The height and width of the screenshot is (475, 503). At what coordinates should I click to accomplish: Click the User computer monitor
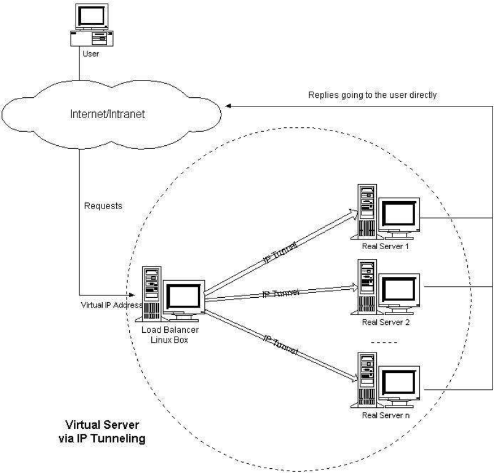pos(92,17)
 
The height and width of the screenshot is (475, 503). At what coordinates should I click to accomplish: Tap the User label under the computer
pos(91,54)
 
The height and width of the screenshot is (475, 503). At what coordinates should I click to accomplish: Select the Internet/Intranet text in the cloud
pos(108,114)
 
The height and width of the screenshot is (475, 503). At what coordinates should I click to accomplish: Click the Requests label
pos(103,206)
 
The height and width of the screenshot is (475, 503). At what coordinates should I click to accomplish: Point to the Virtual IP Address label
pos(112,305)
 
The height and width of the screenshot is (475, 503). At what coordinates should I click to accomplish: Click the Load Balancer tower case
pos(151,294)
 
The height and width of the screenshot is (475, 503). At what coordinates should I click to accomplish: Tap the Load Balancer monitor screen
pos(184,297)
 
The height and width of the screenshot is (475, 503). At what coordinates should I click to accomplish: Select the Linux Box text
pos(169,340)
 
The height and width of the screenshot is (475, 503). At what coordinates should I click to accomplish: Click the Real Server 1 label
pos(386,247)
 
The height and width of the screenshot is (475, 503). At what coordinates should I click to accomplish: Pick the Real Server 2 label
pos(386,322)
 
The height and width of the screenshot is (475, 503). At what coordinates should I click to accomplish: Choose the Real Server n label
pos(386,415)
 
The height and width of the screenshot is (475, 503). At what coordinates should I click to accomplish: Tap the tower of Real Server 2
pos(367,287)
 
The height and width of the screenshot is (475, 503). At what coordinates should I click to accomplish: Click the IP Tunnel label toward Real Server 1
pos(280,253)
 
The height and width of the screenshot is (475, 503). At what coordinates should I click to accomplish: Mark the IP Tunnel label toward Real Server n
pos(281,345)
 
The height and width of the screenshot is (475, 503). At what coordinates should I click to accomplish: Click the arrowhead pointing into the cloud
pos(228,106)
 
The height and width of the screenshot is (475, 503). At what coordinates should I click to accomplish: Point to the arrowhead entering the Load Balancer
pos(132,295)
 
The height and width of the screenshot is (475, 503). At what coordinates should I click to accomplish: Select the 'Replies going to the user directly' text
pos(373,95)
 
